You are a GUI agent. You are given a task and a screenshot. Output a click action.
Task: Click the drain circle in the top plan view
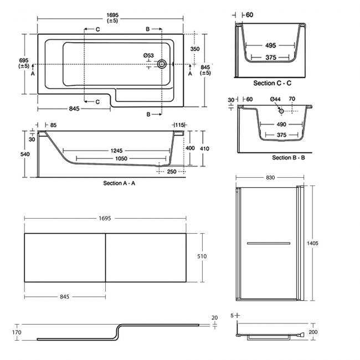pyautogui.click(x=162, y=64)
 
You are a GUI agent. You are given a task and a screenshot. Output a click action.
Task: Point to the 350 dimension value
pyautogui.click(x=194, y=49)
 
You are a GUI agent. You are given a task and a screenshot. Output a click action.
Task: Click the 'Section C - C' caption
pyautogui.click(x=272, y=83)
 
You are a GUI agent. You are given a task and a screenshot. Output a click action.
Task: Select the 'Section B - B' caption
pyautogui.click(x=288, y=158)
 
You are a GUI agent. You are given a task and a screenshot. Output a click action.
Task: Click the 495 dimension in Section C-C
pyautogui.click(x=271, y=45)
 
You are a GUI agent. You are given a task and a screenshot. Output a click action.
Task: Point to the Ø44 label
pyautogui.click(x=275, y=99)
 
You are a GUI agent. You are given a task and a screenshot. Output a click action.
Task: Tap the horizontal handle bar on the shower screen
pyautogui.click(x=268, y=243)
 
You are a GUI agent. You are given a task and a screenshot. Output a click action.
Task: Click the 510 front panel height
pyautogui.click(x=202, y=256)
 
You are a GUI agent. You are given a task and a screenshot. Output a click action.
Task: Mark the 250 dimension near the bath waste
pyautogui.click(x=171, y=172)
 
